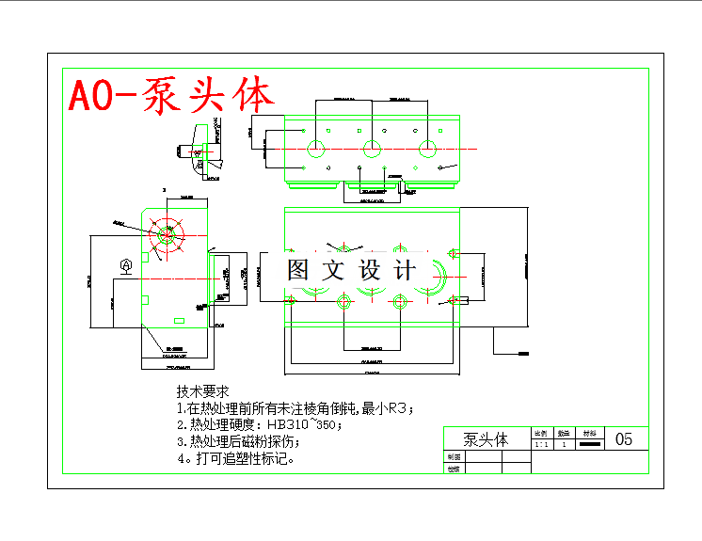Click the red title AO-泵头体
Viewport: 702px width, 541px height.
(171, 95)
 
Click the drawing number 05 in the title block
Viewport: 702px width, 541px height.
(624, 439)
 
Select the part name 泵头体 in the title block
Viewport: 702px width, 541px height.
(486, 439)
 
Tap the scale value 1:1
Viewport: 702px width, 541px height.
(542, 444)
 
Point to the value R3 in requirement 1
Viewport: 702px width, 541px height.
(400, 408)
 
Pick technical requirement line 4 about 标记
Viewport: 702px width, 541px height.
(236, 459)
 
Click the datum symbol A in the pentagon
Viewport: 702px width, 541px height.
(126, 266)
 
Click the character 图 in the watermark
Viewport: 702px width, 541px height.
(298, 271)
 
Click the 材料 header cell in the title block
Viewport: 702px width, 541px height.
(589, 434)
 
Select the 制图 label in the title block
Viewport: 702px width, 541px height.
(455, 456)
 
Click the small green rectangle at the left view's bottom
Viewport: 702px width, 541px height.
(178, 321)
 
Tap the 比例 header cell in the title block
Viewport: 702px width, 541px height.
(542, 434)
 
